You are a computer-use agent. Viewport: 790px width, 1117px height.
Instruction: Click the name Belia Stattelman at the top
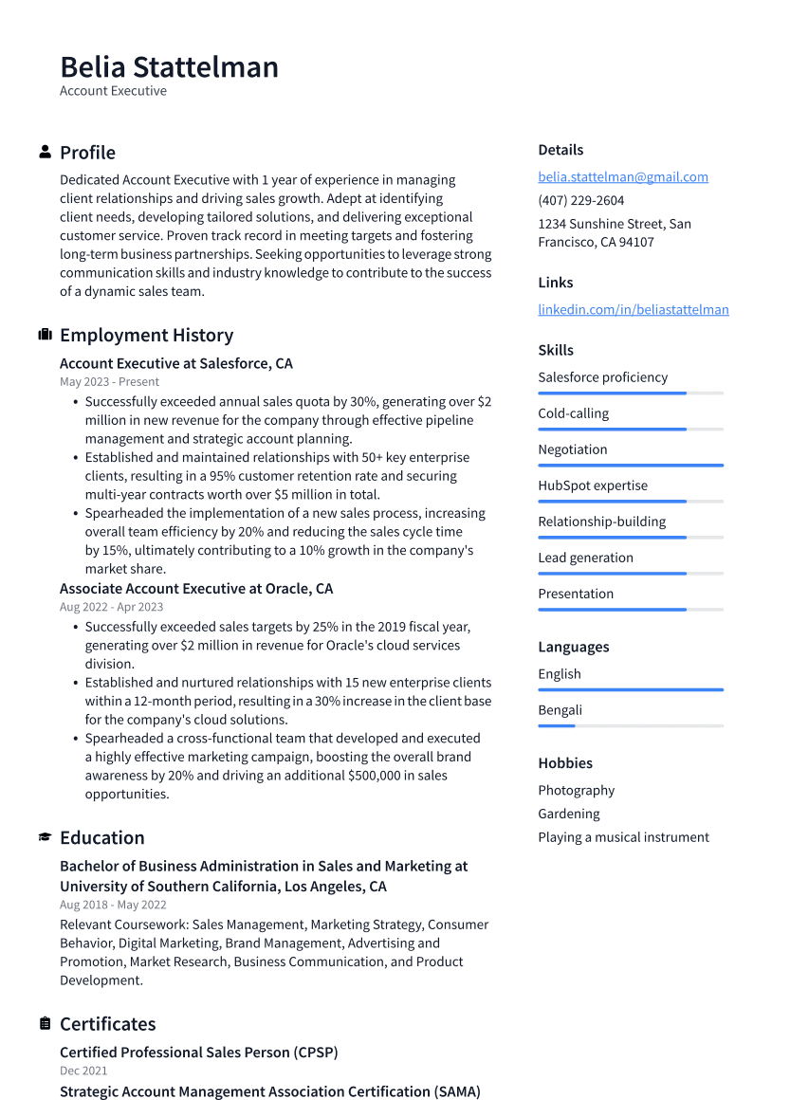tap(169, 67)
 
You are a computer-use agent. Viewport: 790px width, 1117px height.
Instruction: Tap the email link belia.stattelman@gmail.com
tap(623, 177)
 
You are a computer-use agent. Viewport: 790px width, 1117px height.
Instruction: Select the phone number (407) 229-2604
tap(580, 200)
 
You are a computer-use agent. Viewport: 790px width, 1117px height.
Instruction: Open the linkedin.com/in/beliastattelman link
tap(633, 310)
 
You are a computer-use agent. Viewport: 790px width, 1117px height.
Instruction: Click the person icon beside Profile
tap(45, 152)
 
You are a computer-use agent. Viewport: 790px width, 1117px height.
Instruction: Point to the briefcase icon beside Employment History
tap(45, 335)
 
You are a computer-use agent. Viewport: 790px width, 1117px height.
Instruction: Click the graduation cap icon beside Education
tap(45, 837)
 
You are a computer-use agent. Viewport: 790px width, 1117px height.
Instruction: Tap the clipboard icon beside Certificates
tap(45, 1024)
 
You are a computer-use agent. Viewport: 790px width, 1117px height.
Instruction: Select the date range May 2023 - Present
tap(109, 382)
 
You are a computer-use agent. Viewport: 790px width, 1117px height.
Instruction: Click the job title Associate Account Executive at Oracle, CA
tap(196, 589)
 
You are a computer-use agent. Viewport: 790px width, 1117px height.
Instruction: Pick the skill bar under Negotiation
tap(630, 466)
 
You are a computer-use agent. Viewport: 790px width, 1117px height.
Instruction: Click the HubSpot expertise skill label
tap(593, 485)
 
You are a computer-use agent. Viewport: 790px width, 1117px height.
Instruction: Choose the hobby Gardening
tap(569, 814)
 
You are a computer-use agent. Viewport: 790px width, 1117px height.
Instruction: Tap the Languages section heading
tap(573, 647)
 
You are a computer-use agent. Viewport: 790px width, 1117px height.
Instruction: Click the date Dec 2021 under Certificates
tap(83, 1071)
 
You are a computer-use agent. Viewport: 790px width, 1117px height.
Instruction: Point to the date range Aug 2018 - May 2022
tap(113, 906)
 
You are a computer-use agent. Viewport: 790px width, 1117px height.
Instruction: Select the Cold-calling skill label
tap(573, 413)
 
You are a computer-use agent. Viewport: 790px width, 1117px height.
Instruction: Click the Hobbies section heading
tap(565, 763)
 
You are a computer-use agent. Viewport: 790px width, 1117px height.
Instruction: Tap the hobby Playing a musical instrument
tap(623, 837)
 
